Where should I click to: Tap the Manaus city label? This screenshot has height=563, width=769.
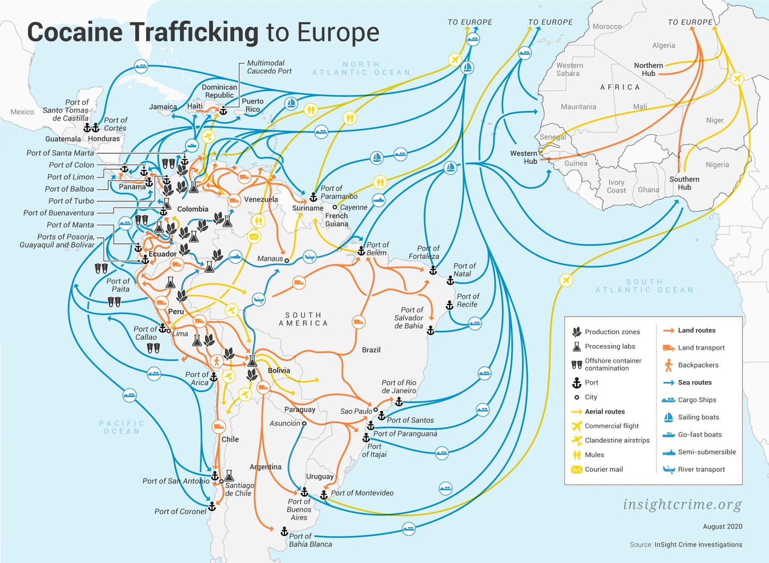pos(270,259)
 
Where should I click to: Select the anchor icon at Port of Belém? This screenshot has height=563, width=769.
pos(361,251)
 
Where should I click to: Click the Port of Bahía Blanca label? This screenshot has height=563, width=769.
pos(310,540)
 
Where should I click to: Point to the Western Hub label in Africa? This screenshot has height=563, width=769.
pos(524,157)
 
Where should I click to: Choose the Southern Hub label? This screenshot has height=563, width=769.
pos(684,183)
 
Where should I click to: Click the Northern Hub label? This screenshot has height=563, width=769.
pos(648,69)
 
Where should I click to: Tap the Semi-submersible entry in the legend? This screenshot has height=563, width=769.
pos(706,452)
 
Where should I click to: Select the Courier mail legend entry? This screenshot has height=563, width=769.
pos(604,469)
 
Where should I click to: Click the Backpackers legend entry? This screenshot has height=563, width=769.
pos(698,365)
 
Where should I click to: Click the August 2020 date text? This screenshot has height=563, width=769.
pos(722,526)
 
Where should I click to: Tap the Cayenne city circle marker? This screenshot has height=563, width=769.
pos(335,207)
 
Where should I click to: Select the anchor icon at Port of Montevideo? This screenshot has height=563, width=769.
pos(324,495)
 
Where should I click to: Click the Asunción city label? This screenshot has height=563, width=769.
pos(285,423)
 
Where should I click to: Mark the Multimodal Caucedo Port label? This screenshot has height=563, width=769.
pos(269,67)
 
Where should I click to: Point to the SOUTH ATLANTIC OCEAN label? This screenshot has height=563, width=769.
pos(644,286)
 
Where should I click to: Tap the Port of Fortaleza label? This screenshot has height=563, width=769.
pos(424,252)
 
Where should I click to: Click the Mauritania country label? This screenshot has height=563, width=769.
pos(578,107)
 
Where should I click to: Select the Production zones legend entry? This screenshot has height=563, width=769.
pos(612,332)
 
